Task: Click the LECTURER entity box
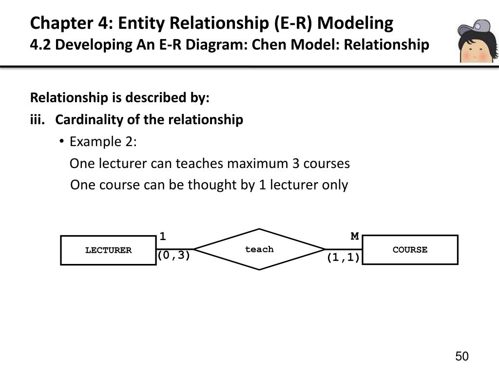coord(108,250)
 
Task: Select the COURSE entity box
coord(410,250)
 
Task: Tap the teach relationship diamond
coord(259,249)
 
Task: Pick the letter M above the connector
coord(355,237)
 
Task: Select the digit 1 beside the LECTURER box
coord(163,237)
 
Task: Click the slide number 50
coord(461,356)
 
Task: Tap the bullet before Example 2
coord(62,142)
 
